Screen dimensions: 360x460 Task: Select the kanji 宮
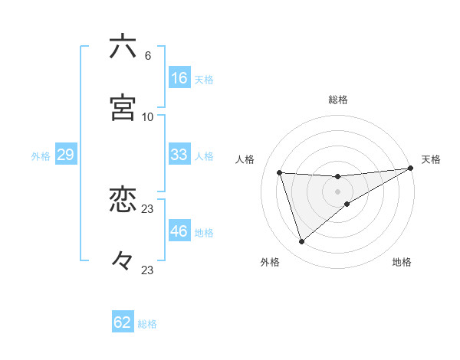click(x=123, y=108)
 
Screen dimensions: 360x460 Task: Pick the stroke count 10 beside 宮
click(x=148, y=116)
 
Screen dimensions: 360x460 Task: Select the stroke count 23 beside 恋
click(x=148, y=208)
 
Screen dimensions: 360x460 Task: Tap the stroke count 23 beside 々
click(x=148, y=270)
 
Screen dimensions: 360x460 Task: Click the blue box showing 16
click(x=179, y=78)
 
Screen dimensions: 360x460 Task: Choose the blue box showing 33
click(x=179, y=155)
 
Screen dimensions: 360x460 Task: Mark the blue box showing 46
click(x=179, y=231)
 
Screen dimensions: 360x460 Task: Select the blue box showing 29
click(x=65, y=155)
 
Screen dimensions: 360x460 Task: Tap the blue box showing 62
click(x=123, y=322)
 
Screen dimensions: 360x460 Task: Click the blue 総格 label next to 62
click(x=147, y=324)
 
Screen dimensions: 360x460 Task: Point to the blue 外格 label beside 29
click(x=41, y=156)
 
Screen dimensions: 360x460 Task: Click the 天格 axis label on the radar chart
click(x=431, y=159)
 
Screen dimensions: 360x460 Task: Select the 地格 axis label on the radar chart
click(x=402, y=263)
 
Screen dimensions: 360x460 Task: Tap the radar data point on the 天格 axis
click(x=411, y=169)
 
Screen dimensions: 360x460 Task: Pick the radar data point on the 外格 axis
click(x=301, y=242)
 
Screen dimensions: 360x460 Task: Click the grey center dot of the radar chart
click(x=337, y=191)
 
